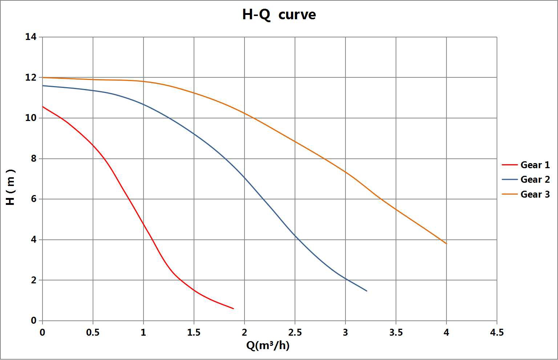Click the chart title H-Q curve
279,15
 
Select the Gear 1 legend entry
535,165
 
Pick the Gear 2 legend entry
535,179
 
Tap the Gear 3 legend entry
535,194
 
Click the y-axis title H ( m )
11,187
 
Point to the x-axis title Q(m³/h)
268,345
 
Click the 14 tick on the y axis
31,37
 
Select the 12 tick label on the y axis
31,77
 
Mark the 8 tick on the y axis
33,159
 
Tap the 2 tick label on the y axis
33,280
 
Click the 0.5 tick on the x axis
93,332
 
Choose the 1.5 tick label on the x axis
194,332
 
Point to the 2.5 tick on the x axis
295,332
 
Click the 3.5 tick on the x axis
396,332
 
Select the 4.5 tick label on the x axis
497,332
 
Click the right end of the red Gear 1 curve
233,308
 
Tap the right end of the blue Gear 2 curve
367,291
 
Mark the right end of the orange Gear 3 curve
446,243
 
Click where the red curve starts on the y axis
43,107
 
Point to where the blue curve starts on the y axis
43,86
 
